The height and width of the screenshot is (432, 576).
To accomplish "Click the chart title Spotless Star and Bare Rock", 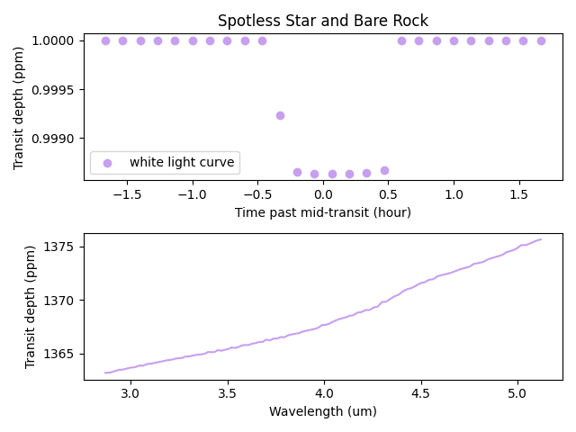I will [323, 21].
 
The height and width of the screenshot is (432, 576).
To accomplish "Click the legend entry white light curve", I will [182, 163].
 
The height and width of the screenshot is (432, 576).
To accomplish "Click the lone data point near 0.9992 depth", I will [280, 115].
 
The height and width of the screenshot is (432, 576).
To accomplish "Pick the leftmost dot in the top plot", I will [105, 40].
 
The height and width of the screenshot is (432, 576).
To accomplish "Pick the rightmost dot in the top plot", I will [541, 40].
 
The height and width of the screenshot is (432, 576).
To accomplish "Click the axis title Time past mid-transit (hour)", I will [323, 212].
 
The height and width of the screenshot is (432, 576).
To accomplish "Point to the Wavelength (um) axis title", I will [323, 411].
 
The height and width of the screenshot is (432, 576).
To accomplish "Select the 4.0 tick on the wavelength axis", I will [324, 394].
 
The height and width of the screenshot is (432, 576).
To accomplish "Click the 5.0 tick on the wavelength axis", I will [517, 394].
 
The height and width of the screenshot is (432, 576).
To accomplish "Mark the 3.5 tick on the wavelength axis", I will [227, 394].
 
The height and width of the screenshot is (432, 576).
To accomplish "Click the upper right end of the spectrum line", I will [541, 239].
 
